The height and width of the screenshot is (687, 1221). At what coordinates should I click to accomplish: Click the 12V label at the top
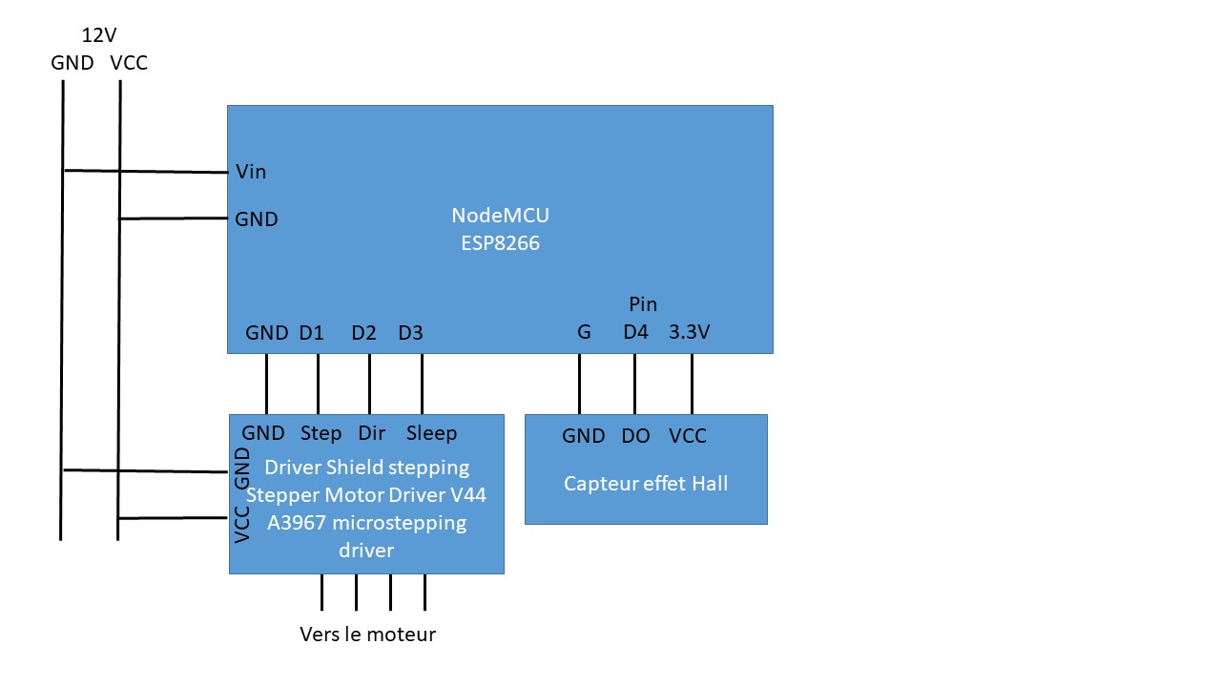pos(99,35)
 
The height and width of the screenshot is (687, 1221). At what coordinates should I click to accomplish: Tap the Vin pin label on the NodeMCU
pos(251,172)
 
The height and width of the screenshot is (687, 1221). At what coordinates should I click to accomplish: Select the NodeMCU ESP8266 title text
pos(500,229)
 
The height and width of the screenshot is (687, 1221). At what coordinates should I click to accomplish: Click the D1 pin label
pos(312,333)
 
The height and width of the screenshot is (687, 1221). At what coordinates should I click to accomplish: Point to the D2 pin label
pos(363,333)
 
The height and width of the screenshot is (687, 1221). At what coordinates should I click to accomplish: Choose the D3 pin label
pos(410,333)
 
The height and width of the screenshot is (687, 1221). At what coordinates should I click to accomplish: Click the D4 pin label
pos(635,333)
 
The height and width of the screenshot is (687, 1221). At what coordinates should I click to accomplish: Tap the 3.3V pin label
pos(690,333)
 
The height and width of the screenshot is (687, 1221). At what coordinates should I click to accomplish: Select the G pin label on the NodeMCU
pos(584,333)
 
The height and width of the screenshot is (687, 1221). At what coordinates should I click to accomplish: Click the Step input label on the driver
pos(321,433)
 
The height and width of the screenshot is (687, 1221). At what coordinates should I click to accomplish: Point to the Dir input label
pos(371,433)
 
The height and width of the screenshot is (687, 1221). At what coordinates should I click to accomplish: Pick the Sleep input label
pos(431,433)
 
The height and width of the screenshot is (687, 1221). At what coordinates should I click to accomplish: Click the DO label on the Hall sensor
pos(635,436)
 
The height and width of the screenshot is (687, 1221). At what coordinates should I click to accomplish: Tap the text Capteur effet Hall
pos(646,484)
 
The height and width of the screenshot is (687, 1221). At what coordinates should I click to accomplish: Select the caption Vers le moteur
pos(367,635)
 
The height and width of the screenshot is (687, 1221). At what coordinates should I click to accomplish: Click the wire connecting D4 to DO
pos(634,384)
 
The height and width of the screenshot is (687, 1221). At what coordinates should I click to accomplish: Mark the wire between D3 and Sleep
pos(422,384)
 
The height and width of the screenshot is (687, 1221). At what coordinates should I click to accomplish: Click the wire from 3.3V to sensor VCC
pos(692,384)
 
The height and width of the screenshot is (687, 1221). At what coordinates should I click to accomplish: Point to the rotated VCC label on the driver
pos(242,524)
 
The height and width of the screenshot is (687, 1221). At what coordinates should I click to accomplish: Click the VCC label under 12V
pos(129,63)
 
